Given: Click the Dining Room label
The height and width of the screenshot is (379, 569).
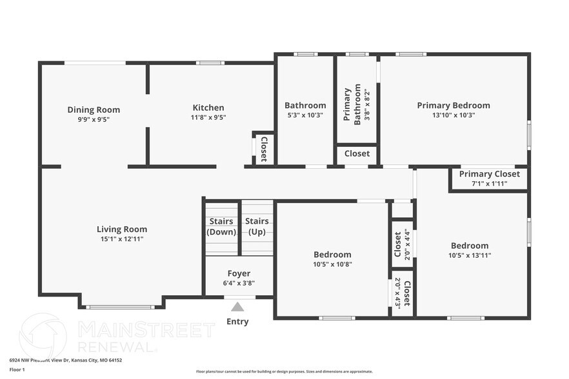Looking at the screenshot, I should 94,110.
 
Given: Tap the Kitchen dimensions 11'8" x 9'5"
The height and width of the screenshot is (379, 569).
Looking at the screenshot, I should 208,118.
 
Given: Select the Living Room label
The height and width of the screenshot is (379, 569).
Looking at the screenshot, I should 122,229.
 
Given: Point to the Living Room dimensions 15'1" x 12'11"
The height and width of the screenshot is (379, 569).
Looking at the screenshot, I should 122,239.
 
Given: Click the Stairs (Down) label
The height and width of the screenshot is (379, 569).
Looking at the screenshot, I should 221,227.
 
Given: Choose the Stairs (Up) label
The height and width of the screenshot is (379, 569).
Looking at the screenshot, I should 257,227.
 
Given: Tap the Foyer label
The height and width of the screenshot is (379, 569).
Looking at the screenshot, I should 239,273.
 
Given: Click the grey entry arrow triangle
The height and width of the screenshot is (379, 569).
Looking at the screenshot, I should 238,307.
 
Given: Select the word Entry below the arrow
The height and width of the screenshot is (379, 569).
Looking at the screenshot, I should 237,322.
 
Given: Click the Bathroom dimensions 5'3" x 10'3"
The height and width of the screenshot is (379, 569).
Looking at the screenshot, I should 305,115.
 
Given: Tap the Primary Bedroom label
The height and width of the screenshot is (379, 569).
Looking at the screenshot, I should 453,105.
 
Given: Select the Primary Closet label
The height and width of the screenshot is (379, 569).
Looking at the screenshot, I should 489,174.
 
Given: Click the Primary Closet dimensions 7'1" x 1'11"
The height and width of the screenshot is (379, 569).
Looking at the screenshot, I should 489,184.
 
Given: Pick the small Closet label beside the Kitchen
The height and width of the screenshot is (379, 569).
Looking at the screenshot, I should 263,149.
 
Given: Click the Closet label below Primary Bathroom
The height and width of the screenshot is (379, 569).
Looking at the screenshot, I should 357,153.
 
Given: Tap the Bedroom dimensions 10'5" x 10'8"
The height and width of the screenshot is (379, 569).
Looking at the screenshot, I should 332,264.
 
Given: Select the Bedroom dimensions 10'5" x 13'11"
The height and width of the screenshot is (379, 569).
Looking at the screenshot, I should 470,256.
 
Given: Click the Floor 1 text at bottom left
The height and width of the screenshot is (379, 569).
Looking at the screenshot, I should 17,370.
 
